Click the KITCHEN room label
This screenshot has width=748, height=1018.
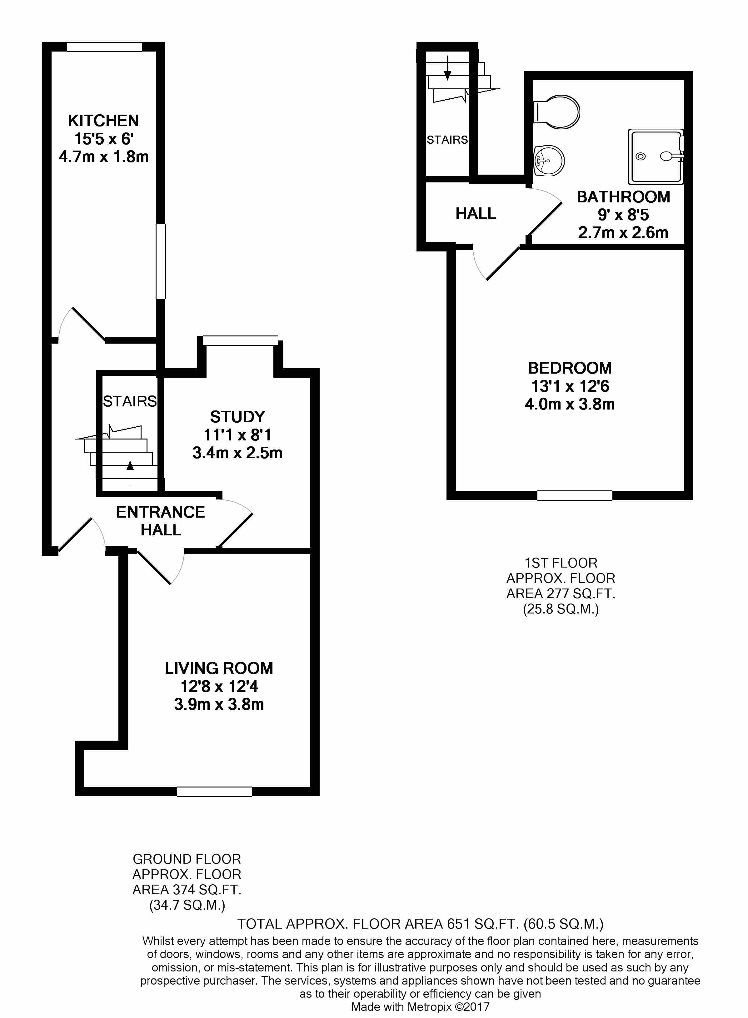(x=104, y=121)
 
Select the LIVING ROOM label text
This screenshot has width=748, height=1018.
(x=219, y=668)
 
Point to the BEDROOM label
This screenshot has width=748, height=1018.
(x=570, y=368)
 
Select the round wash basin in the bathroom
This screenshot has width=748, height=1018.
(x=549, y=161)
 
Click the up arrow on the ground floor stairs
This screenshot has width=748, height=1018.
(x=130, y=472)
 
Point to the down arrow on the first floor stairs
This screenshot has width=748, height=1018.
(x=447, y=68)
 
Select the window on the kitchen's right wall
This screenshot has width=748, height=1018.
(x=161, y=262)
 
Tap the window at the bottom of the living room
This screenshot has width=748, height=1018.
(x=214, y=791)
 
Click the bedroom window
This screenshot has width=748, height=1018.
(x=575, y=496)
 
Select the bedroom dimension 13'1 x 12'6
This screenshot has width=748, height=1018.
(x=570, y=386)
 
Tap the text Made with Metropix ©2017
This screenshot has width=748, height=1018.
(x=420, y=1007)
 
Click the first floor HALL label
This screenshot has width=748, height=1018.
(x=476, y=214)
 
